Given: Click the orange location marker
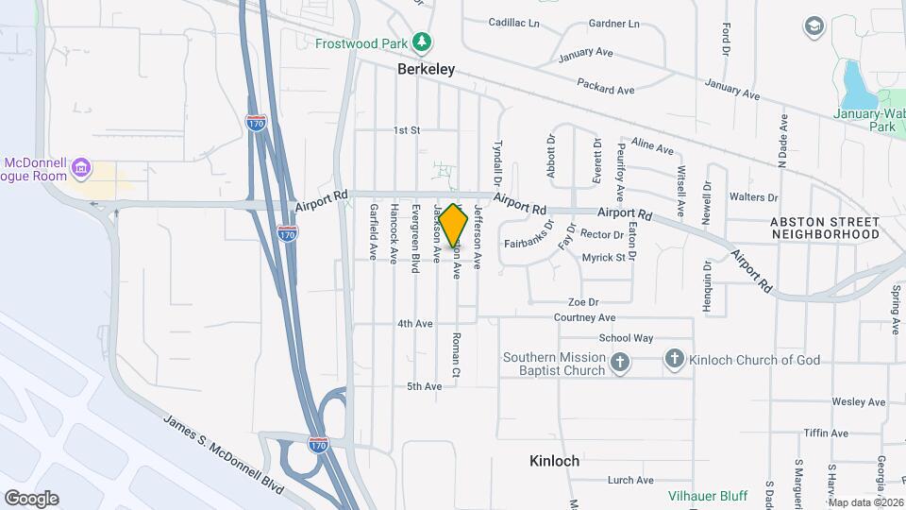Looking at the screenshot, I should [453, 226].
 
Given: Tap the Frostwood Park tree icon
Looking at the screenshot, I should [422, 42].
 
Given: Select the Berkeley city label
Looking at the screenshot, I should [427, 69].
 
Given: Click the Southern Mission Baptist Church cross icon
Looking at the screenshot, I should [619, 364].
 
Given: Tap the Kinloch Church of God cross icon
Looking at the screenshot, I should [674, 359].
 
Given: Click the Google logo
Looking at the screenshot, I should [31, 499].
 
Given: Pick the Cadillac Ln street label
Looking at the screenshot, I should [514, 23].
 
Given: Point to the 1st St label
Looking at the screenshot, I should [407, 130].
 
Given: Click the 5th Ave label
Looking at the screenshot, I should [424, 386].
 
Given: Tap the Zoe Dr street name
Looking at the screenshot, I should [583, 302].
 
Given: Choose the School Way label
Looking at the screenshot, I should [626, 338].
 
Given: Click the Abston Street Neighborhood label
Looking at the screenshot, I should [825, 228].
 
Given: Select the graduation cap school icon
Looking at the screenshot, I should [813, 25].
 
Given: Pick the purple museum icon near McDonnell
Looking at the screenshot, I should [82, 169].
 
